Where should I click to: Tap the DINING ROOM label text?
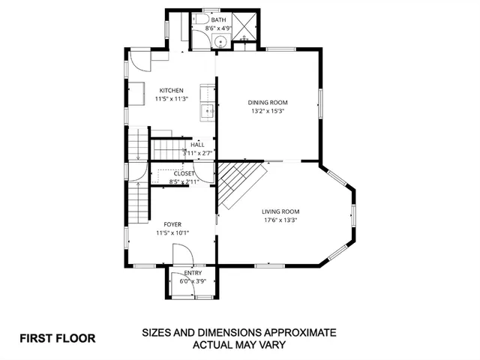click(x=268, y=103)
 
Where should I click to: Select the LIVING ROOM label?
click(x=280, y=211)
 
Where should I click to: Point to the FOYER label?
click(x=172, y=224)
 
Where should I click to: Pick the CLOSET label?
click(x=184, y=174)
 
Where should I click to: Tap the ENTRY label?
click(x=193, y=273)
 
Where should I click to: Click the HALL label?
click(x=197, y=145)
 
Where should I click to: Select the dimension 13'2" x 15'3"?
click(x=268, y=111)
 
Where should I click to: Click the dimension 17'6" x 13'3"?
click(x=280, y=220)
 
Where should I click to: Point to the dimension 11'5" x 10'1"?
click(x=172, y=232)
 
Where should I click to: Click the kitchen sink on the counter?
click(x=208, y=112)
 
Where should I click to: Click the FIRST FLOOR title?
click(x=58, y=338)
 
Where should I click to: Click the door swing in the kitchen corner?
click(x=139, y=60)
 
